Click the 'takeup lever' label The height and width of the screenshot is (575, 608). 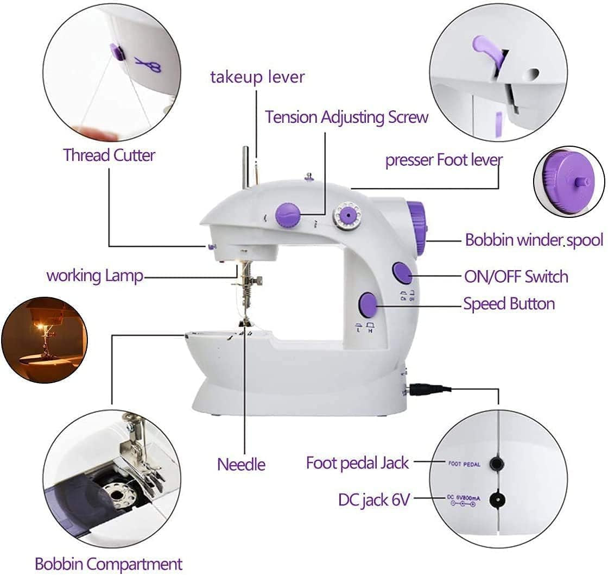[x=257, y=77]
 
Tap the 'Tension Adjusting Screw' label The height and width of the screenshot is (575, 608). [x=346, y=117]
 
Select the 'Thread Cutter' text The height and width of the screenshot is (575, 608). [x=109, y=155]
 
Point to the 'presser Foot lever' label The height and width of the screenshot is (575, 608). [x=444, y=160]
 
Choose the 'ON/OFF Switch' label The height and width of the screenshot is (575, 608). [x=516, y=277]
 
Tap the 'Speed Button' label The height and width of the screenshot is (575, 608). [x=509, y=304]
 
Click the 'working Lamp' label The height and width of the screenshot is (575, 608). [x=95, y=276]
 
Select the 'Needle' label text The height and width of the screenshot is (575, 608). [x=241, y=464]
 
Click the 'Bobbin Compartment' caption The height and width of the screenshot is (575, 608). [x=109, y=564]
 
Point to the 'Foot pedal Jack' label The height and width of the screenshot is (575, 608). [x=357, y=463]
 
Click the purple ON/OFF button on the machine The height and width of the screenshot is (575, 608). [x=402, y=273]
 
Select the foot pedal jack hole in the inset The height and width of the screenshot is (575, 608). [x=496, y=463]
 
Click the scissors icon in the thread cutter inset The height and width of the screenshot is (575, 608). [x=148, y=65]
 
